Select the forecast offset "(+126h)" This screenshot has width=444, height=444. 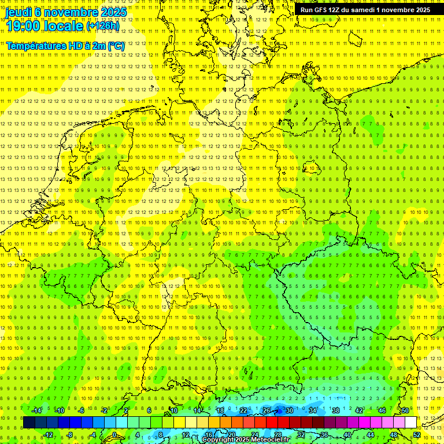pyautogui.click(x=103, y=26)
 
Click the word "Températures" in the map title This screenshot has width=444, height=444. pyautogui.click(x=32, y=45)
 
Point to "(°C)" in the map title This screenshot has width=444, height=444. pyautogui.click(x=116, y=45)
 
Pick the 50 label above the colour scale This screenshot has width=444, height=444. pyautogui.click(x=405, y=410)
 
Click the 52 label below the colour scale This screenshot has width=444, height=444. pyautogui.click(x=417, y=435)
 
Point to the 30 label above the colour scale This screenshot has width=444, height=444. pyautogui.click(x=289, y=410)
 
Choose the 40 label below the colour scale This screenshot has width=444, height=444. pyautogui.click(x=347, y=435)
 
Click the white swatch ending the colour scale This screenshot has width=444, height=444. pyautogui.click(x=410, y=423)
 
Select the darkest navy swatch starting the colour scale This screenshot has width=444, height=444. pyautogui.click(x=29, y=423)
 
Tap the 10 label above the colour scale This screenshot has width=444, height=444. pyautogui.click(x=173, y=410)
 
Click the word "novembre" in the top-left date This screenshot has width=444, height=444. pyautogui.click(x=67, y=12)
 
